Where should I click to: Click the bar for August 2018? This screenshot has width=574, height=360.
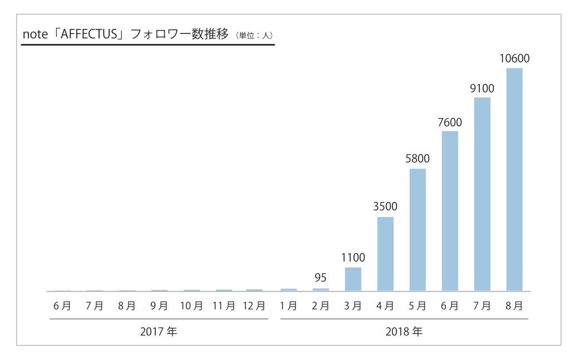point(514,180)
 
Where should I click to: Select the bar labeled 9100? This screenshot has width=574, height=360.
point(482,194)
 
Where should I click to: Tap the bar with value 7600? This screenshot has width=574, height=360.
point(450,211)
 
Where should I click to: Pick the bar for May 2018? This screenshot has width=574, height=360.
point(418,230)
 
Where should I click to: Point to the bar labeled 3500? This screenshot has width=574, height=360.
point(385,254)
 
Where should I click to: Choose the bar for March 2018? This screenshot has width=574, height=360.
point(353,279)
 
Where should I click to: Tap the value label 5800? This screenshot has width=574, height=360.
point(418,159)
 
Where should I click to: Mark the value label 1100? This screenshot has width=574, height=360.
point(353,258)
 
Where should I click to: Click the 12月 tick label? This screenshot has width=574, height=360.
point(253,305)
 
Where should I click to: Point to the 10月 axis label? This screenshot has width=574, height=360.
point(192,305)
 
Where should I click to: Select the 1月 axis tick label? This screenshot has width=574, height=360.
point(288,305)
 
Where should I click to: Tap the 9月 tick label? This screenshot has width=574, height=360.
point(159,305)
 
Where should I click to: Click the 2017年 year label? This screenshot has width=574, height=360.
point(159,333)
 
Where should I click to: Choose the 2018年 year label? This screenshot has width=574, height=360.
point(404,333)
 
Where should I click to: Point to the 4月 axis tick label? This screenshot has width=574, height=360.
point(385,305)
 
